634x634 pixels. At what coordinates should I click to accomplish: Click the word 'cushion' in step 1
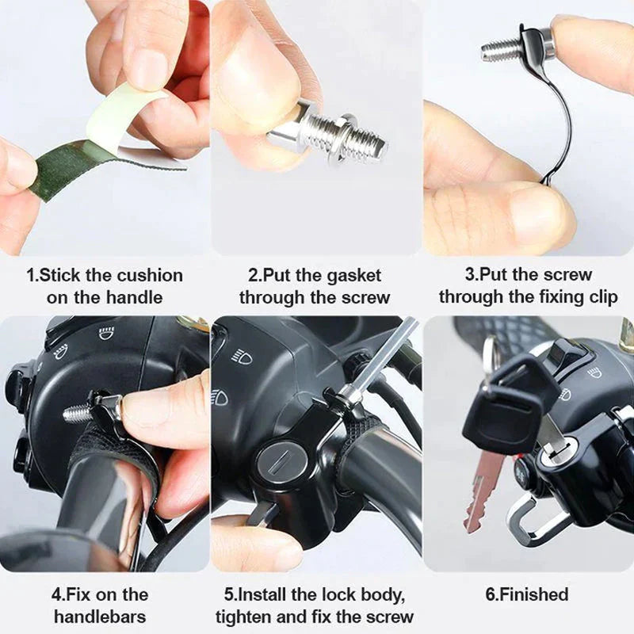click(150, 276)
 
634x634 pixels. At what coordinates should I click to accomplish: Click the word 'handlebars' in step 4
click(99, 616)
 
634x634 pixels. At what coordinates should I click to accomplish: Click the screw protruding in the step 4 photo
click(77, 413)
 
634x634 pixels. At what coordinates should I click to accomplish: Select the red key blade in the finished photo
click(481, 491)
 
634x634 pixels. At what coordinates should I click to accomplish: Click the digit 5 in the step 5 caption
click(230, 594)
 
